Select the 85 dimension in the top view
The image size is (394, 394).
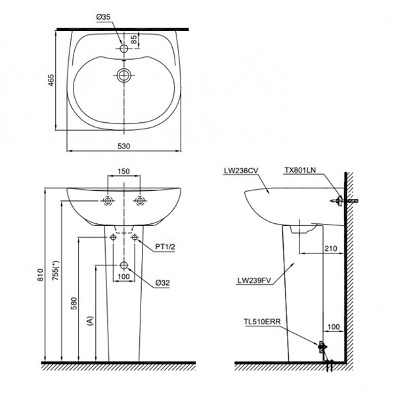134,39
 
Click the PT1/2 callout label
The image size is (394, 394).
165,247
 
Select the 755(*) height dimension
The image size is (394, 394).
56,274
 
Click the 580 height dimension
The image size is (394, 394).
74,303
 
